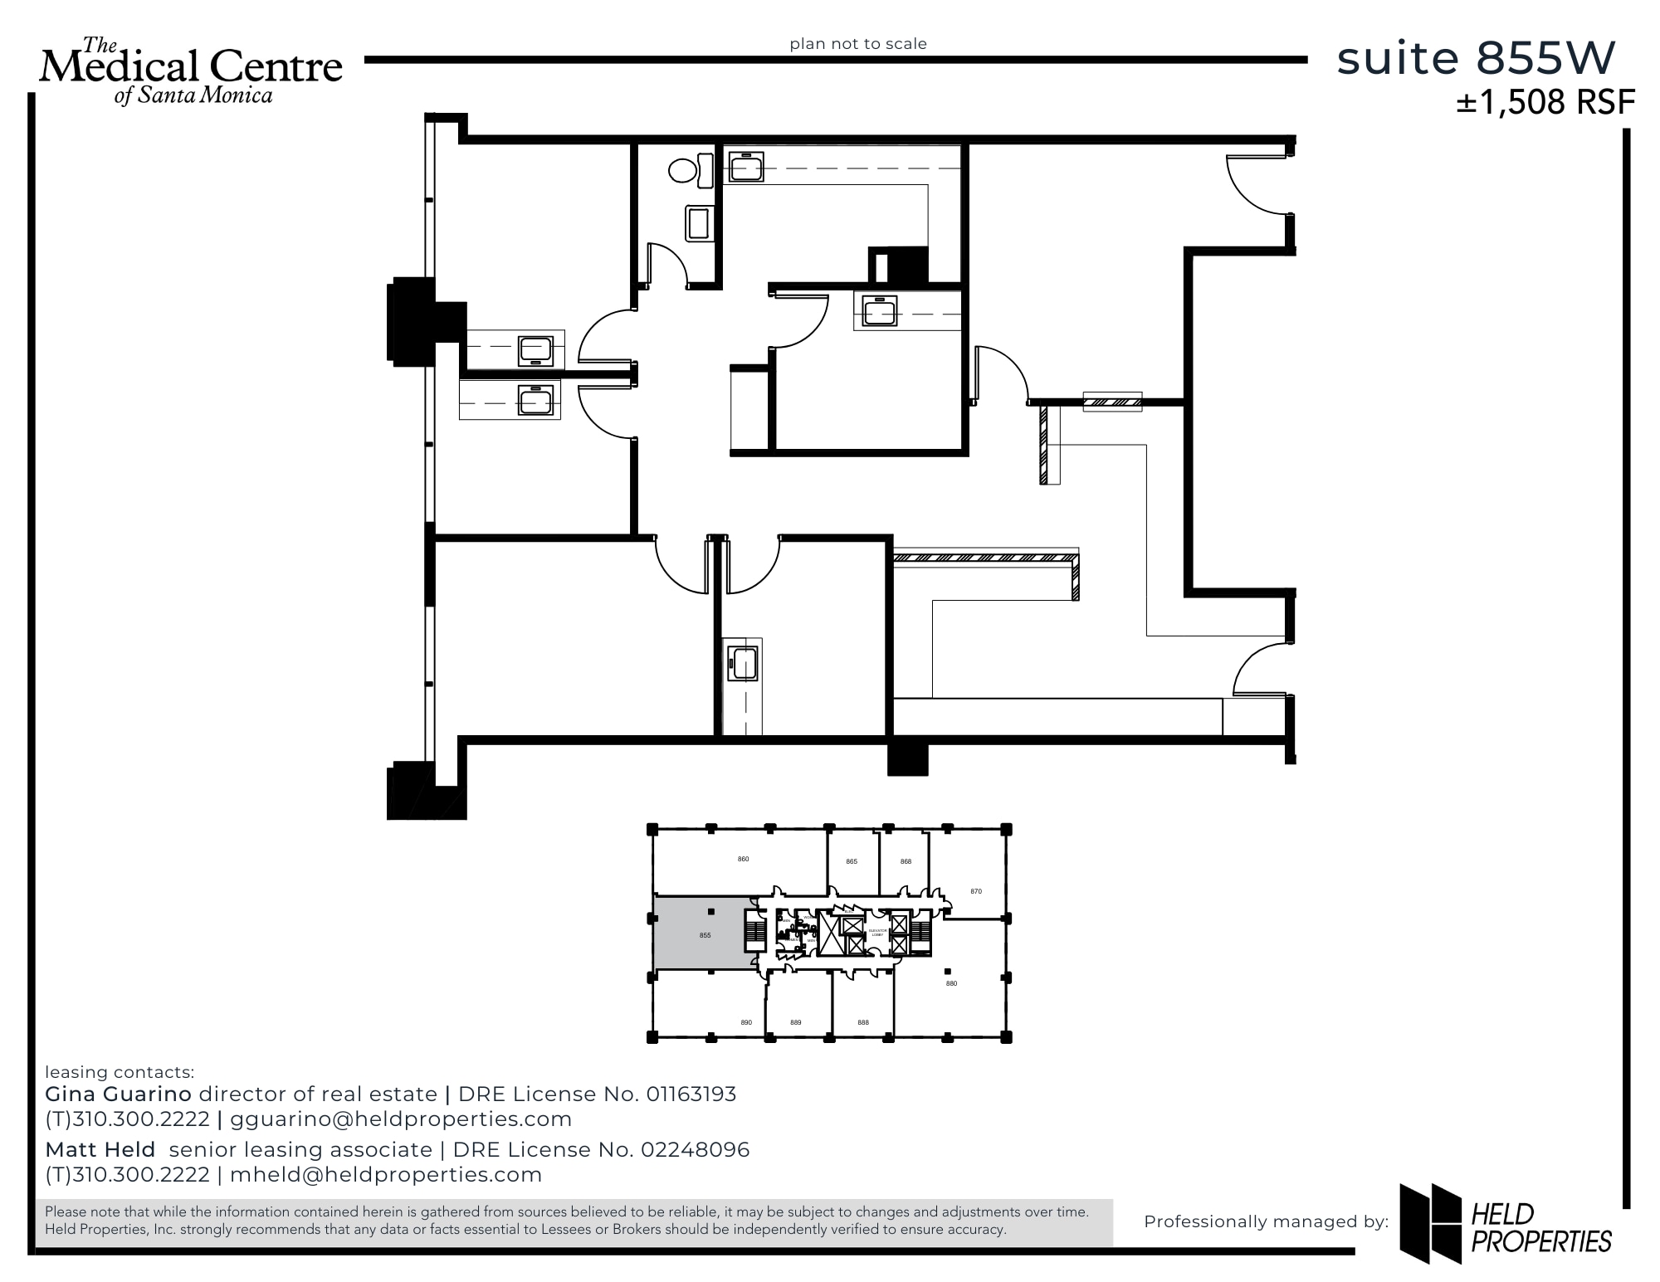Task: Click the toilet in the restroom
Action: (684, 171)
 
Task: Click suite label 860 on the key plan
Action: (744, 859)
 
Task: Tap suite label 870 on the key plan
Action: (976, 891)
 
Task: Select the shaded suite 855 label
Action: (705, 935)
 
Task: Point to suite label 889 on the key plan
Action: (796, 1022)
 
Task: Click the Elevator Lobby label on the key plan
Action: (877, 933)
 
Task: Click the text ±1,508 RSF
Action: (1545, 103)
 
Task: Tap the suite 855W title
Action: (1476, 58)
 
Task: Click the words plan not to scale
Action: (858, 44)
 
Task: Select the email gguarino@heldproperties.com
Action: (401, 1119)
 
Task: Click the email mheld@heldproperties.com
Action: (386, 1175)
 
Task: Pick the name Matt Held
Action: (100, 1150)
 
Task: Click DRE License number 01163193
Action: (691, 1094)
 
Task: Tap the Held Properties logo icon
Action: (1430, 1223)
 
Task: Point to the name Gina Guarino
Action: (118, 1094)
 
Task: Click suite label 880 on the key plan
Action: (951, 983)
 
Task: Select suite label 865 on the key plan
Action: (852, 861)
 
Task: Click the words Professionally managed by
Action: (1266, 1221)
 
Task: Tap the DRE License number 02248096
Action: (695, 1150)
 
